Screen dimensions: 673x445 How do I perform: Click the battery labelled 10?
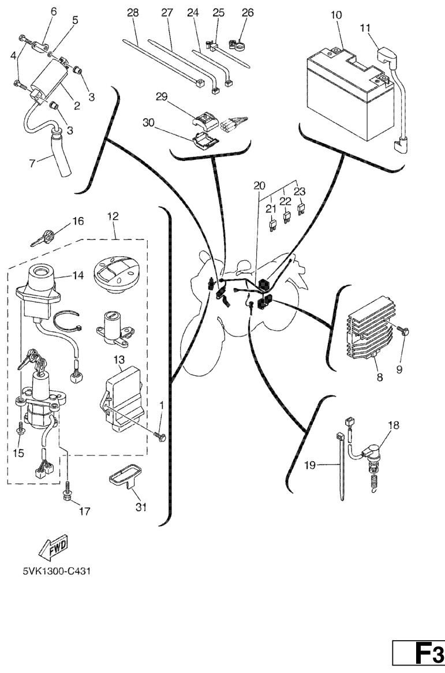(x=346, y=87)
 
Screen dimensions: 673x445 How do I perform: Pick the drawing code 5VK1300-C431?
(x=56, y=571)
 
